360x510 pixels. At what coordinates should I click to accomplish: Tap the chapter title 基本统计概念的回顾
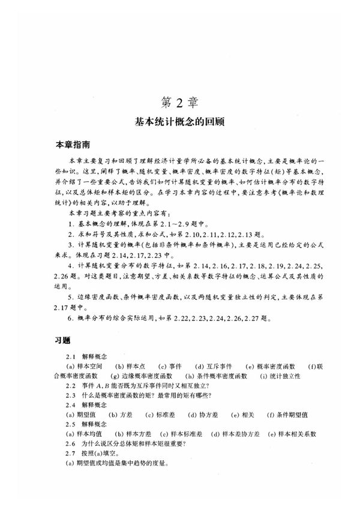click(179, 121)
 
